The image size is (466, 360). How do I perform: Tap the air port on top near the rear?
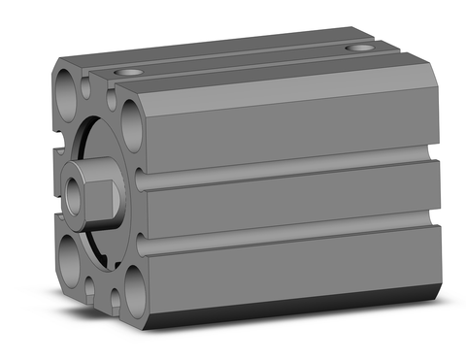(x=361, y=47)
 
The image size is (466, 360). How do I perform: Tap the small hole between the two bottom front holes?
(x=96, y=283)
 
